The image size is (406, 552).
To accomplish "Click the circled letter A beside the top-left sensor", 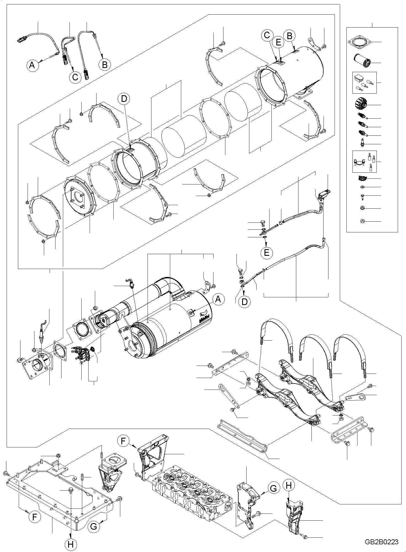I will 32,65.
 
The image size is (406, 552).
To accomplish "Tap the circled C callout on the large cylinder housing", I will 267,35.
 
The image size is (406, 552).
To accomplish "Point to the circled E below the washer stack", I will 266,252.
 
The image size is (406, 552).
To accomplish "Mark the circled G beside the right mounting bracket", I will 273,488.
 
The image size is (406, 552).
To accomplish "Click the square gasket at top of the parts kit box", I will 360,42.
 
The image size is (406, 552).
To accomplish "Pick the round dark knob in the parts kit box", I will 361,104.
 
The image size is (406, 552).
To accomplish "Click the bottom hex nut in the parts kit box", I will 362,221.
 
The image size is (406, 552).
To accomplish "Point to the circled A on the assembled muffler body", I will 218,299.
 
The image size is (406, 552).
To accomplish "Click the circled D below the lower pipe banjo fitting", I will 244,302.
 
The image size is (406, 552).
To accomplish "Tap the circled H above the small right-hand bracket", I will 288,486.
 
